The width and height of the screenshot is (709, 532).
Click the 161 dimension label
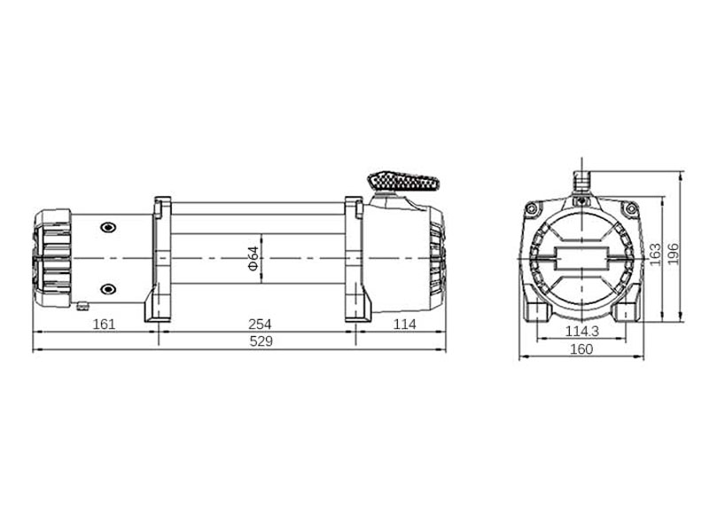pos(104,325)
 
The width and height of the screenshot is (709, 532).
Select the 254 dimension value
pos(260,325)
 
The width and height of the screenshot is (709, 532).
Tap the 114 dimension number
pos(404,325)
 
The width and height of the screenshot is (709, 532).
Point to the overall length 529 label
pos(261,341)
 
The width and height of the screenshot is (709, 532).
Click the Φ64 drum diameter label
pos(253,258)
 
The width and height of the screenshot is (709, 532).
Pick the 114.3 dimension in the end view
pos(582,332)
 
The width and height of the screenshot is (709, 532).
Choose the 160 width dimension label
pos(581,349)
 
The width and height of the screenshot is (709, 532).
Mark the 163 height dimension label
pos(655,254)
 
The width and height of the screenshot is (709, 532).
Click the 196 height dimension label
pos(674,254)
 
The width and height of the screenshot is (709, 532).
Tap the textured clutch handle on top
pos(404,182)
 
